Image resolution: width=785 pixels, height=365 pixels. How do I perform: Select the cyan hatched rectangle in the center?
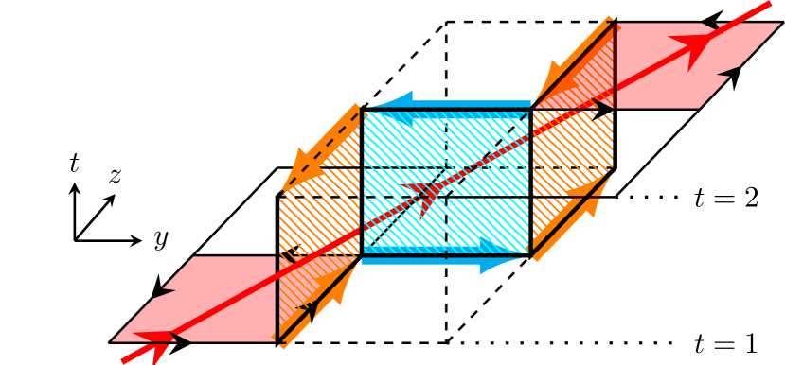coord(445,180)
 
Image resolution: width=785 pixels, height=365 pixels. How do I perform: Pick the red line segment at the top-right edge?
coord(753,11)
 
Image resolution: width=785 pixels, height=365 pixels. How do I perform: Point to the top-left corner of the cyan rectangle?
coord(362,110)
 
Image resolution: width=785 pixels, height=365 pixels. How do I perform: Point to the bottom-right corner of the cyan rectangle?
coord(530,255)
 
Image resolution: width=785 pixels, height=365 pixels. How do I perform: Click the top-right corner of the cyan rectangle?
coord(530,110)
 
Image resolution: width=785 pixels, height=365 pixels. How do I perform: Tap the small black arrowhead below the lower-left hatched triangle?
coord(309,309)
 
